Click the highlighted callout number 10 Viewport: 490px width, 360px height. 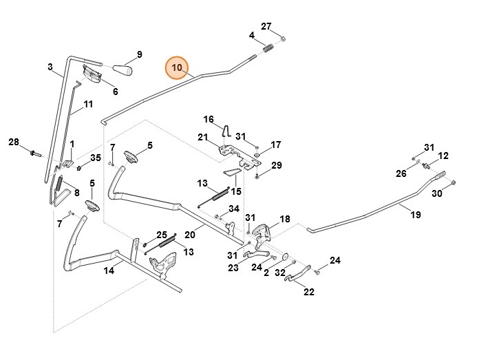pos(177,67)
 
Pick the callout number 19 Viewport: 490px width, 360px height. pos(416,215)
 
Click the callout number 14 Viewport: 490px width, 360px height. pos(109,271)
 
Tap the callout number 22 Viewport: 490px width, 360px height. pos(308,291)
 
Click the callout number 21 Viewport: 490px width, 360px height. pos(203,137)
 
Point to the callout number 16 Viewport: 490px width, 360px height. pos(209,119)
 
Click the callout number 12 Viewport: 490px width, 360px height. pos(443,156)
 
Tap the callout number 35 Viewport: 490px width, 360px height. pos(96,158)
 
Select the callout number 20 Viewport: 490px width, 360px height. pos(190,235)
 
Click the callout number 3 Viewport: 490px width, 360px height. pos(50,67)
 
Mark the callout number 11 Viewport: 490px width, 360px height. pos(88,105)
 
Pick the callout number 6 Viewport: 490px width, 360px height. pos(115,91)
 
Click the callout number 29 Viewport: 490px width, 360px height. pos(276,165)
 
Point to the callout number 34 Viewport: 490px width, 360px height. pos(234,209)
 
